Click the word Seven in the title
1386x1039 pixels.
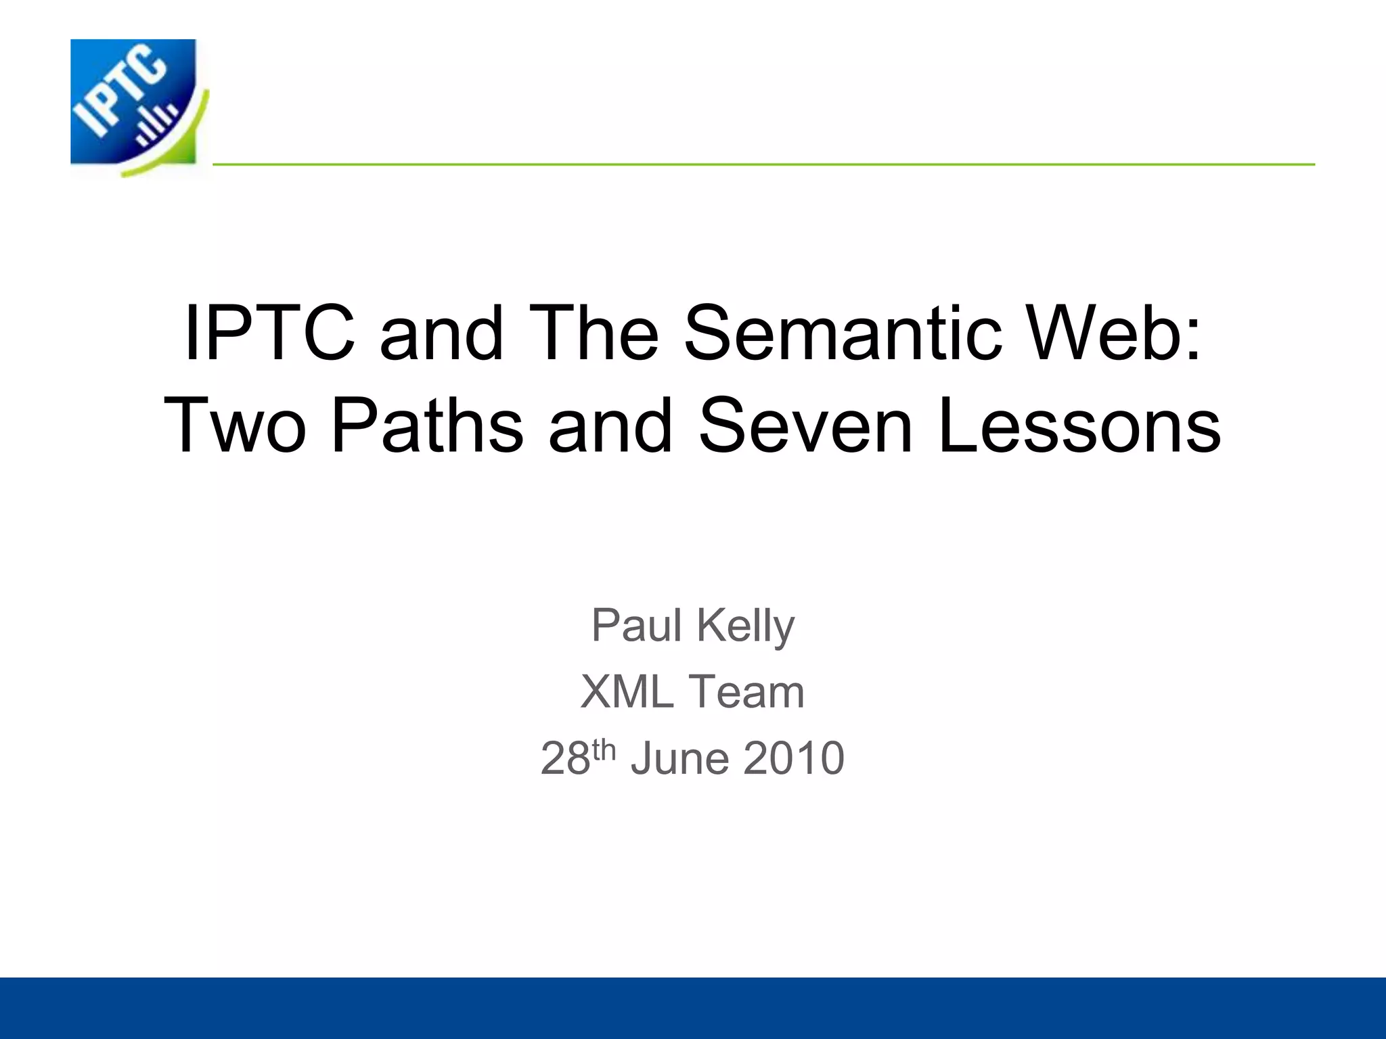tap(806, 426)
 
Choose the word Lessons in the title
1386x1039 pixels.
tap(1079, 426)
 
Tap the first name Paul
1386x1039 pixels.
tap(636, 625)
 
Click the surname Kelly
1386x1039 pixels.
tap(745, 626)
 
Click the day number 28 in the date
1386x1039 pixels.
tap(566, 759)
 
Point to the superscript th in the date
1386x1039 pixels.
tap(604, 749)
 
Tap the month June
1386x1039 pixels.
tap(680, 759)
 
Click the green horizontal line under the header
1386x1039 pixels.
tap(763, 164)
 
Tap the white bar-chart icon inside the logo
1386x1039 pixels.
tap(156, 126)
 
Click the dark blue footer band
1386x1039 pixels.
tap(693, 1008)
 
